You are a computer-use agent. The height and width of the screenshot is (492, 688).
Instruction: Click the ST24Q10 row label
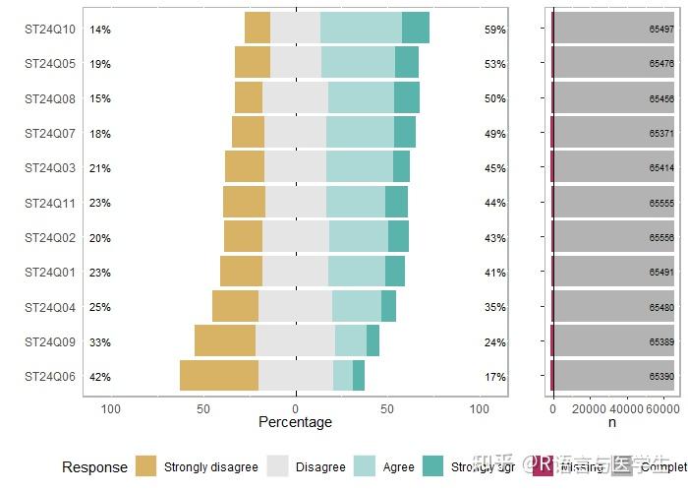(50, 30)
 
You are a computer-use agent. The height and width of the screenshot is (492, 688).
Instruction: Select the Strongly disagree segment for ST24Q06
(218, 376)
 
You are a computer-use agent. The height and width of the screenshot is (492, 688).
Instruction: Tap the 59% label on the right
(494, 30)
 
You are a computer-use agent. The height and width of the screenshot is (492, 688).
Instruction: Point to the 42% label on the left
(100, 377)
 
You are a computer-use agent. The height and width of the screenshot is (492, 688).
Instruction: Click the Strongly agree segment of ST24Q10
(416, 28)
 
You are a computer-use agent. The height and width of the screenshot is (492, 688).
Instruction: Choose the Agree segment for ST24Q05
(358, 62)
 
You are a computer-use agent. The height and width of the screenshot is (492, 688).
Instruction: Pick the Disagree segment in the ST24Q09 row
(295, 340)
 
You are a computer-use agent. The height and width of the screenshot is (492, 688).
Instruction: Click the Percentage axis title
(295, 422)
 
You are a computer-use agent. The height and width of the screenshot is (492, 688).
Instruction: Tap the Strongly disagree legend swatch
(146, 466)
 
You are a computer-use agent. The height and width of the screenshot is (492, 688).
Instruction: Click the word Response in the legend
(94, 467)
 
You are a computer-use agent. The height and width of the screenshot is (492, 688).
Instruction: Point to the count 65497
(661, 30)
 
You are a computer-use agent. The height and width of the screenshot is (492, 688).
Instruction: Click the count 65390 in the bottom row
(661, 377)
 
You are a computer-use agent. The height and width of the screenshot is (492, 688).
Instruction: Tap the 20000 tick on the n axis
(589, 409)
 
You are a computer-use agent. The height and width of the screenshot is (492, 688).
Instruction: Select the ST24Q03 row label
(50, 168)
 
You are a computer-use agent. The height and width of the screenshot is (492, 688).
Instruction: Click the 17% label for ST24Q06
(494, 377)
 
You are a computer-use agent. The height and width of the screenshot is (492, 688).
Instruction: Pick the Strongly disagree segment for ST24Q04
(235, 306)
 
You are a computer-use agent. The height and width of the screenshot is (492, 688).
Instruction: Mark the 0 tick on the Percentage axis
(295, 409)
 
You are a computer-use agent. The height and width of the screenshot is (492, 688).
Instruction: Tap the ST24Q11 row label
(50, 203)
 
